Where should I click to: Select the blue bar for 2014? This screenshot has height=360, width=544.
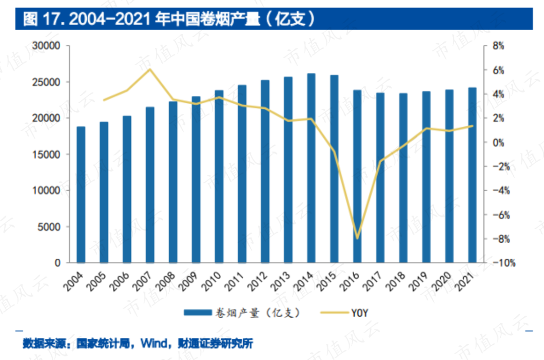tap(311, 168)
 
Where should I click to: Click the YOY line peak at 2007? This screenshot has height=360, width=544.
tap(150, 69)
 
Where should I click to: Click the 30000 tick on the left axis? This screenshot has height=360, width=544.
tap(49, 46)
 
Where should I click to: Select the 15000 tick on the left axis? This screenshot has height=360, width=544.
tap(49, 155)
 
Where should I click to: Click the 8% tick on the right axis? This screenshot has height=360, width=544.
tap(498, 46)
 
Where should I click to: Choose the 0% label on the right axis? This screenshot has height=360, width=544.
tap(498, 142)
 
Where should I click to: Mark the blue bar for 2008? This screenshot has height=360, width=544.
tap(173, 182)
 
